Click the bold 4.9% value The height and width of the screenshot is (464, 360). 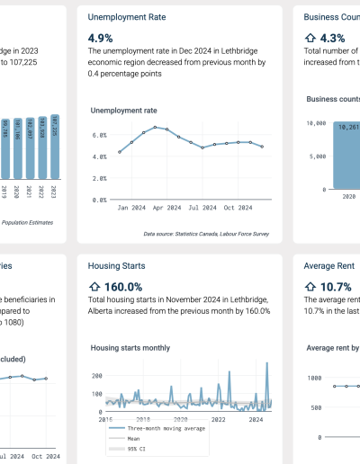(x=100, y=38)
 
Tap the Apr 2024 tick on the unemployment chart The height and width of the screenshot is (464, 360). (x=162, y=207)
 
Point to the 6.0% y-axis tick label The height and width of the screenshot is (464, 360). (x=100, y=135)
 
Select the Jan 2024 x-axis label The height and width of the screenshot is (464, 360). (x=126, y=207)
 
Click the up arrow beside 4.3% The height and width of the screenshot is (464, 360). (x=311, y=38)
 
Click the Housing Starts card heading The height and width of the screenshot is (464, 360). (x=118, y=266)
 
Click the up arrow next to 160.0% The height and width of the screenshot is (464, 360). (x=94, y=287)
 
